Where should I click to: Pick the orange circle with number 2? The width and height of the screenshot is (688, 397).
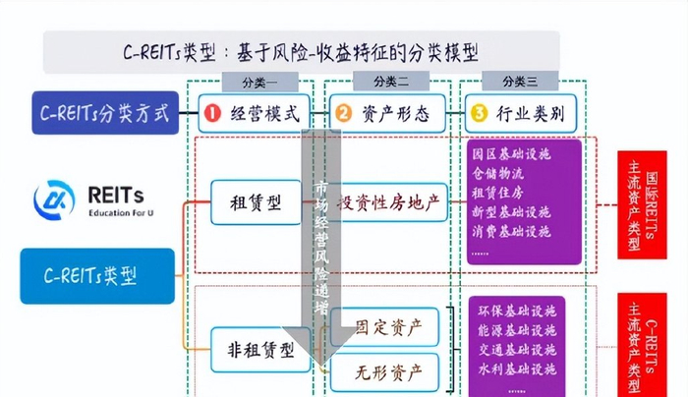point(343,114)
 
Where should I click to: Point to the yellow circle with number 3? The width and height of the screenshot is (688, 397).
point(479,114)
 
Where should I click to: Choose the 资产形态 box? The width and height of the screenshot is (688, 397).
point(386,114)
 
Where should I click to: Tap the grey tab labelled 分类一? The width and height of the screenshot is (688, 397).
point(258,82)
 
